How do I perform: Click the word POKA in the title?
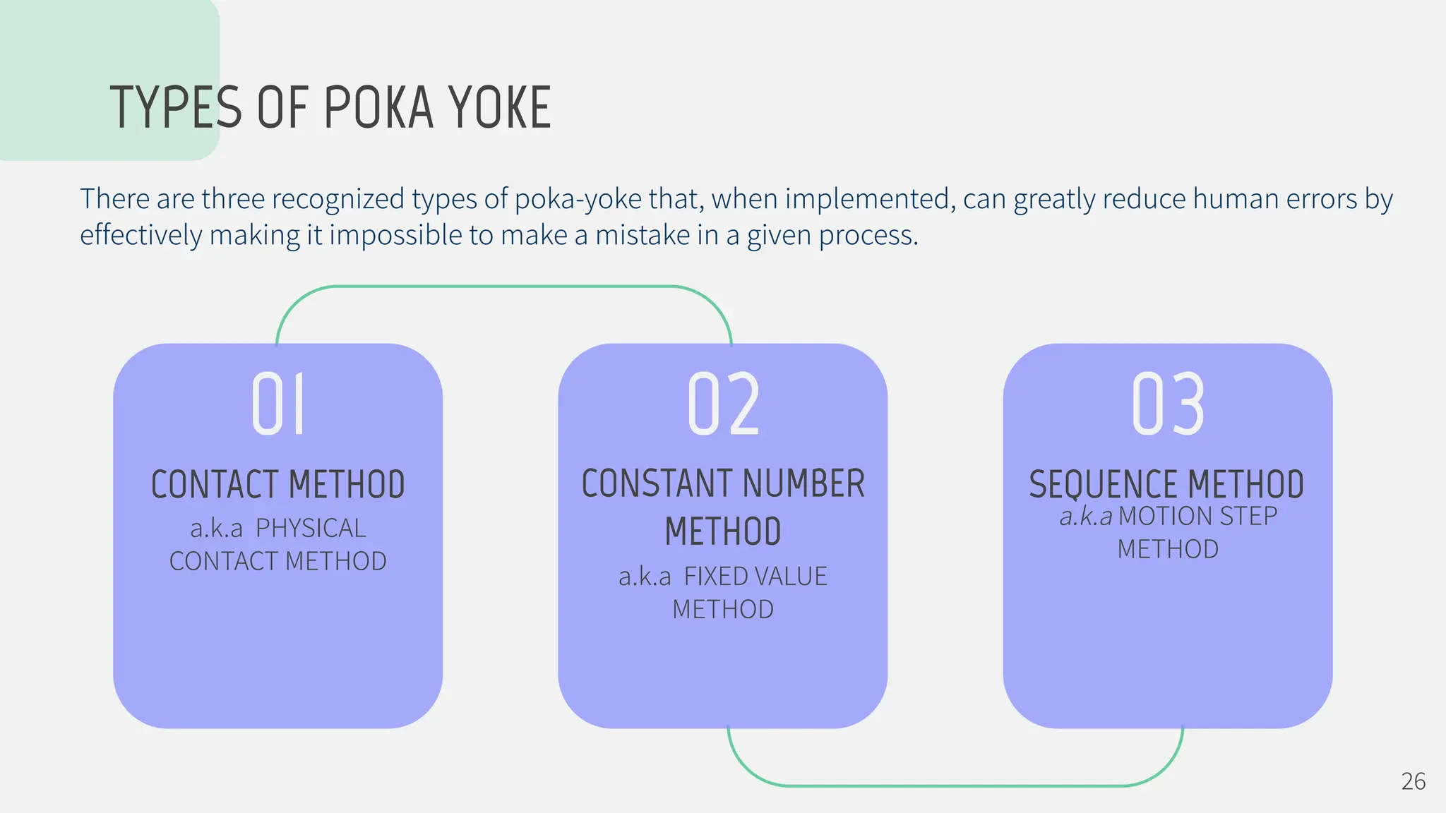coord(378,108)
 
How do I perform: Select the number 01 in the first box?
coord(278,404)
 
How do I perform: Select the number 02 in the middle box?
coord(724,404)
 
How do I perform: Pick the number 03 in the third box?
coord(1168,404)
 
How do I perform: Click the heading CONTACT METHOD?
coord(278,485)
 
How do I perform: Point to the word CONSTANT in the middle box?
coord(657,484)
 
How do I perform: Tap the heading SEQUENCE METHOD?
coord(1166,485)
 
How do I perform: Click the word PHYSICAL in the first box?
coord(311,528)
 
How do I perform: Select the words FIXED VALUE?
coord(755,577)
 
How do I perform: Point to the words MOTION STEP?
coord(1198,516)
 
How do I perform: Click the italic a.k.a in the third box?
coord(1085,517)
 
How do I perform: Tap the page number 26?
coord(1413,781)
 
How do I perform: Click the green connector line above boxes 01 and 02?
coord(503,287)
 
